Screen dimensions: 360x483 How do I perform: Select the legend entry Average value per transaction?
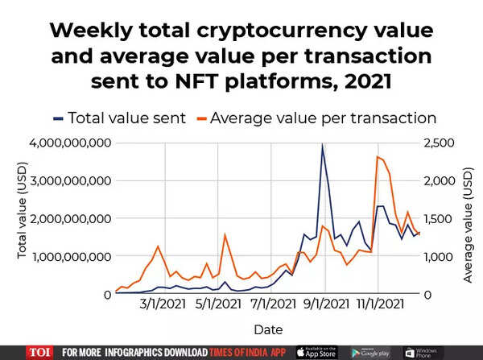pyautogui.click(x=322, y=118)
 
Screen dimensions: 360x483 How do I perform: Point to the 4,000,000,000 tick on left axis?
pyautogui.click(x=70, y=143)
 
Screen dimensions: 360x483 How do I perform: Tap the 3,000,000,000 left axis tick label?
pyautogui.click(x=70, y=181)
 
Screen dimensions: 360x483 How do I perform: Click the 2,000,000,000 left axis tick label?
pyautogui.click(x=70, y=218)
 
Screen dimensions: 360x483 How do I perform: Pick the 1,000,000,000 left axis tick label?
pyautogui.click(x=70, y=256)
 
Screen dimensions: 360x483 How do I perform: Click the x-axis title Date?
pyautogui.click(x=268, y=329)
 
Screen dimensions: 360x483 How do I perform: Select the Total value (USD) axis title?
pyautogui.click(x=22, y=218)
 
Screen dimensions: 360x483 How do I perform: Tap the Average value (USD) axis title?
pyautogui.click(x=468, y=218)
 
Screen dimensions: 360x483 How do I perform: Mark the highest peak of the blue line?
pyautogui.click(x=323, y=146)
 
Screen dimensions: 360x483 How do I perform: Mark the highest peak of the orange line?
pyautogui.click(x=378, y=156)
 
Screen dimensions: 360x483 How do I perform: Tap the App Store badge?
pyautogui.click(x=316, y=352)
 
